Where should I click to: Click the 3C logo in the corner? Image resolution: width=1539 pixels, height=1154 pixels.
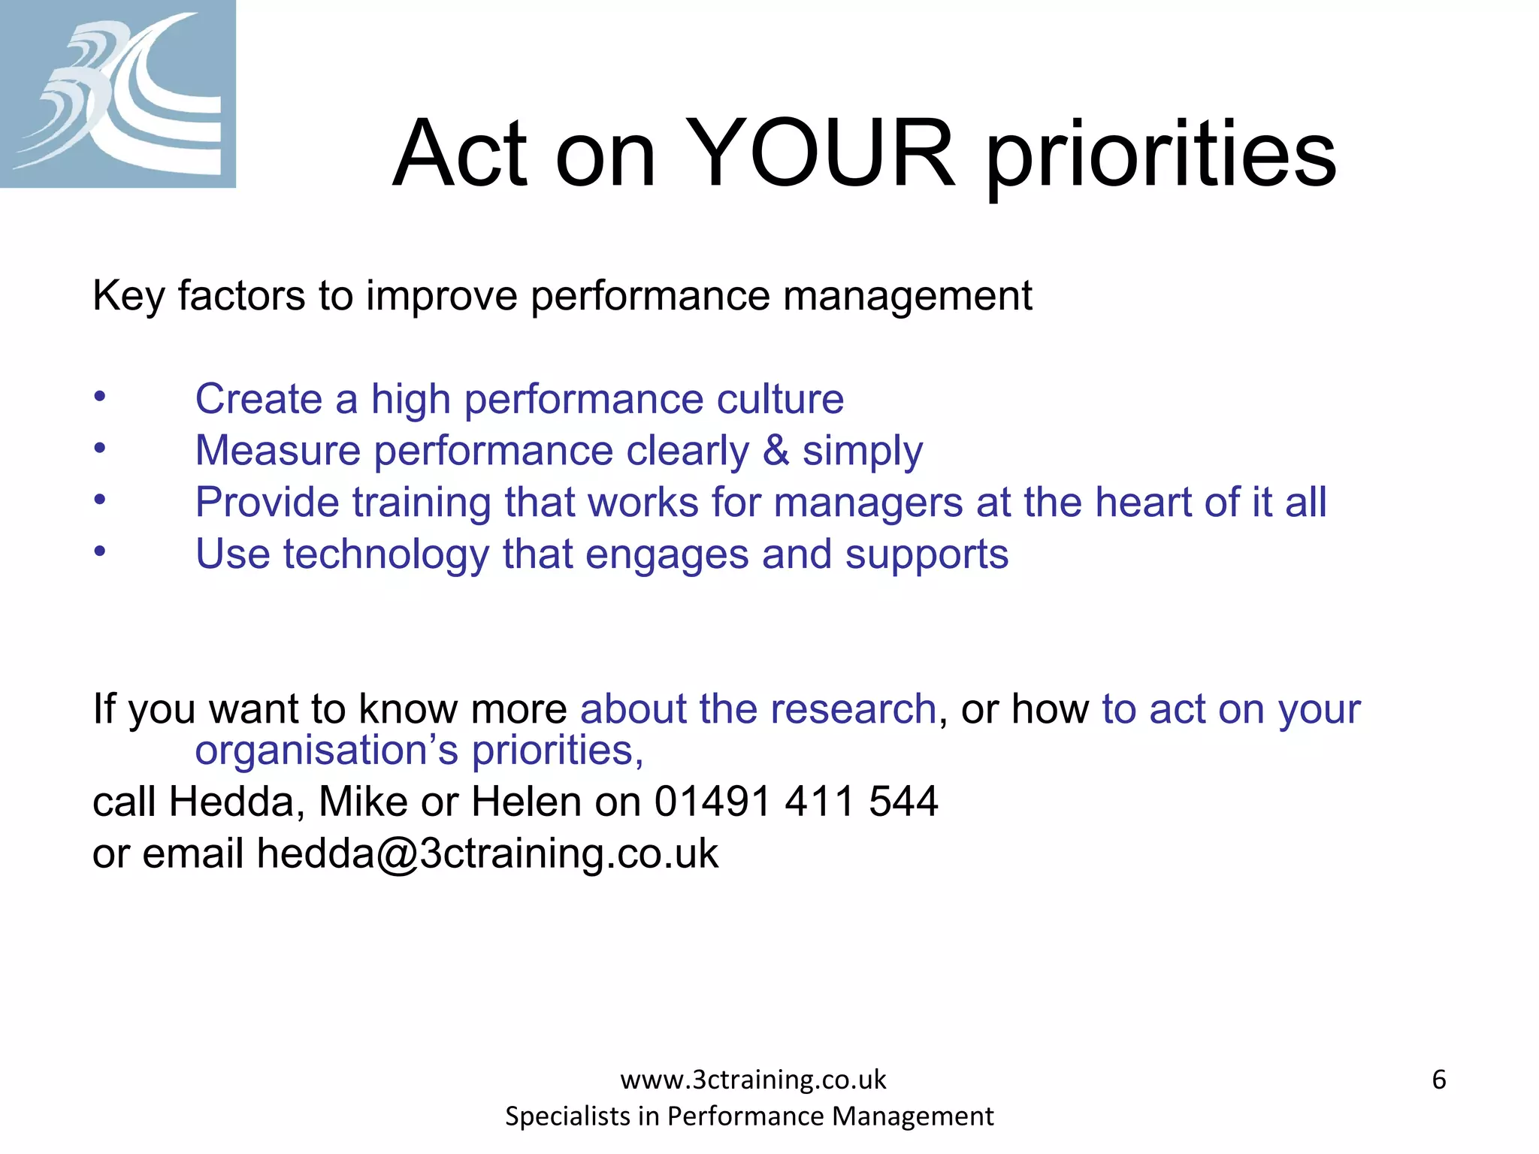pyautogui.click(x=117, y=93)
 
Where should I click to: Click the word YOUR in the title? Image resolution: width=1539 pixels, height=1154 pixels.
pyautogui.click(x=821, y=154)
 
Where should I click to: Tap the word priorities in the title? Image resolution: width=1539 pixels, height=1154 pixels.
pyautogui.click(x=1161, y=158)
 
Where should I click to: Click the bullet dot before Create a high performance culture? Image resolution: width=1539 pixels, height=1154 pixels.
pyautogui.click(x=100, y=397)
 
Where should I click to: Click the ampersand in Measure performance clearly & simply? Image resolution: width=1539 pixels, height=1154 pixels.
pyautogui.click(x=776, y=451)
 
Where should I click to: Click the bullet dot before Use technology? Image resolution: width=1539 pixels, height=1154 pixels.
pyautogui.click(x=100, y=552)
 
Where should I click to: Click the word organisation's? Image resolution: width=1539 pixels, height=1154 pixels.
pyautogui.click(x=326, y=751)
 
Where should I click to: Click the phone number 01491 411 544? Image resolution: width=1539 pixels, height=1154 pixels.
pyautogui.click(x=796, y=802)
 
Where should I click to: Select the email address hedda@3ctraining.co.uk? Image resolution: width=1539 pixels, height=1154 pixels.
pyautogui.click(x=487, y=854)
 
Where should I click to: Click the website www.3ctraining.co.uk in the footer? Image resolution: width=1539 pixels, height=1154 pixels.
pyautogui.click(x=753, y=1080)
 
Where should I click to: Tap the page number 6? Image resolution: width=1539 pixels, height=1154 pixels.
pyautogui.click(x=1438, y=1080)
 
